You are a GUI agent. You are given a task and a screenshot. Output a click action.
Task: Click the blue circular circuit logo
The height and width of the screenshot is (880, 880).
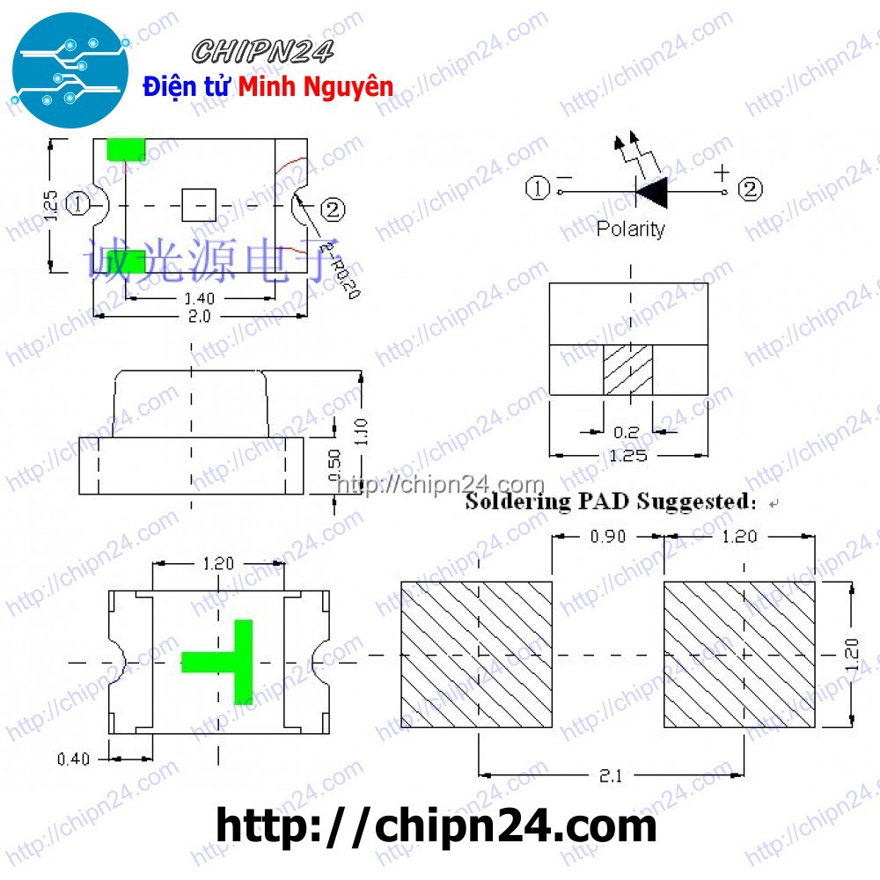pyautogui.click(x=71, y=71)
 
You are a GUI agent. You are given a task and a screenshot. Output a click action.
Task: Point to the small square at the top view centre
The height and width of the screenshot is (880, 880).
pyautogui.click(x=199, y=205)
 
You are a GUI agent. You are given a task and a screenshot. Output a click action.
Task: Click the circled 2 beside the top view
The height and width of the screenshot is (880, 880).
pyautogui.click(x=333, y=209)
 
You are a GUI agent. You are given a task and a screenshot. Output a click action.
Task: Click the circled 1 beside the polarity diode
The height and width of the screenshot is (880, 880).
pyautogui.click(x=537, y=188)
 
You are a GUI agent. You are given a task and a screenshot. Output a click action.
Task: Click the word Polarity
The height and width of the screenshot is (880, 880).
pyautogui.click(x=630, y=230)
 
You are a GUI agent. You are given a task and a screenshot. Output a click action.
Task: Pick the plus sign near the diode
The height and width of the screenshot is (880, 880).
pyautogui.click(x=722, y=171)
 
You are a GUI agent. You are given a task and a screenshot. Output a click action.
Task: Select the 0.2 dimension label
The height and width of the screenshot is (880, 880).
pyautogui.click(x=626, y=432)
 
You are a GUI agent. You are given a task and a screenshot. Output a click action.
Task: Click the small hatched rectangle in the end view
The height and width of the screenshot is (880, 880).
pyautogui.click(x=627, y=370)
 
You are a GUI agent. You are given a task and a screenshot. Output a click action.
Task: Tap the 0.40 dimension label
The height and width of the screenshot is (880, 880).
pyautogui.click(x=73, y=759)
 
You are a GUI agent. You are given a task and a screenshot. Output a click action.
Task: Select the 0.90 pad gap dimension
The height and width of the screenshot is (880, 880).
pyautogui.click(x=607, y=536)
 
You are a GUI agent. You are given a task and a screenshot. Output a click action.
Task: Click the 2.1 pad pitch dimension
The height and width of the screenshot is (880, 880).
pyautogui.click(x=611, y=776)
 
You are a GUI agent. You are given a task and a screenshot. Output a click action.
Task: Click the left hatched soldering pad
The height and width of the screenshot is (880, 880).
pyautogui.click(x=477, y=654)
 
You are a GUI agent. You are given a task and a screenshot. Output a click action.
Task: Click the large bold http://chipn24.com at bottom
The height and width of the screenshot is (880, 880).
pyautogui.click(x=436, y=827)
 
